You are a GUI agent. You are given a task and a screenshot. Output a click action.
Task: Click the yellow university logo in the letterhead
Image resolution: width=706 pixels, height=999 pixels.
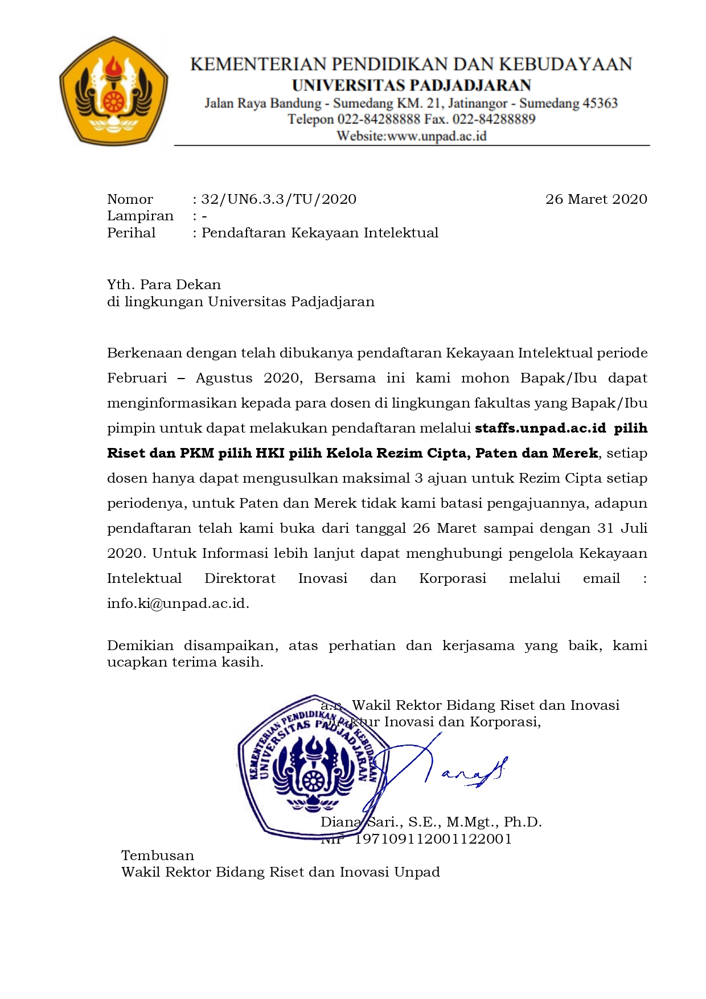point(113,91)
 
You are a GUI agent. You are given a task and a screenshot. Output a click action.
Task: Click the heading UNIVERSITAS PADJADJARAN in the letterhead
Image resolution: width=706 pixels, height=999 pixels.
point(411,85)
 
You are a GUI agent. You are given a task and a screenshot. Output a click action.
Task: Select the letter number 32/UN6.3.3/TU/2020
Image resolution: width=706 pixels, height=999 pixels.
point(279,199)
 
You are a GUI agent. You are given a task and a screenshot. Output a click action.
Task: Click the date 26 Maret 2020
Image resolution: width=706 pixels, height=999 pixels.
point(596,199)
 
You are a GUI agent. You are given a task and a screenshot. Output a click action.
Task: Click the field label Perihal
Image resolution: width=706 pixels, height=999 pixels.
point(132,233)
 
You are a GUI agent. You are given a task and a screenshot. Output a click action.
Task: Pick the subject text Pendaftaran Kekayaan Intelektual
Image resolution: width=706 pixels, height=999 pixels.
point(320,233)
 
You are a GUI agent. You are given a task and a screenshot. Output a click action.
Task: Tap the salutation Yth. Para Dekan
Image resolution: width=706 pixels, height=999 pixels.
point(164,285)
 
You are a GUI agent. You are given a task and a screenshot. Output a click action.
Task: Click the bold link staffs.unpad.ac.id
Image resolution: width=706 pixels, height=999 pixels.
point(540,428)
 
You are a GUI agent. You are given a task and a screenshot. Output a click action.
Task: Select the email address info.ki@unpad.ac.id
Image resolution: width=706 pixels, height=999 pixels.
point(177,603)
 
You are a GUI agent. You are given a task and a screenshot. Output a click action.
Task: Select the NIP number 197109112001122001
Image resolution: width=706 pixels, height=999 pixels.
point(433,839)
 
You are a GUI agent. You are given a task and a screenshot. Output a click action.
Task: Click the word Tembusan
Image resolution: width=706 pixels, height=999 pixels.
point(158,856)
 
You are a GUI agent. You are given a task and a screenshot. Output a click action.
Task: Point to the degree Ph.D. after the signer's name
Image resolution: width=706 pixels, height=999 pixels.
point(523,822)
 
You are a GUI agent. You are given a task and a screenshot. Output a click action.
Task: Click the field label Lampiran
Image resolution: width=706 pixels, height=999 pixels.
point(140,216)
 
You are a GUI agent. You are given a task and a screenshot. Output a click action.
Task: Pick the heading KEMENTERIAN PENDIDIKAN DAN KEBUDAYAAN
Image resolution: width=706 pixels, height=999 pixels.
point(411,64)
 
